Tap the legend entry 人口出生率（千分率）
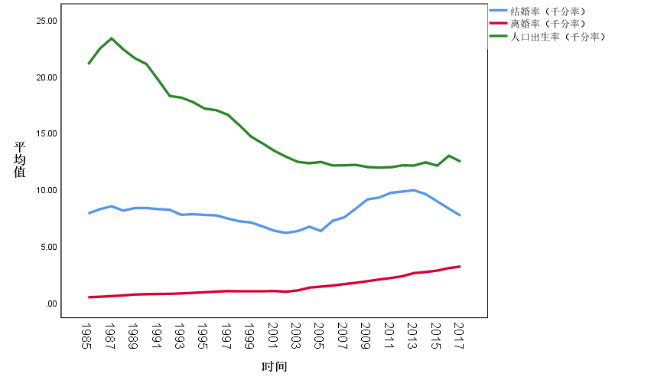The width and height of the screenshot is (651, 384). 558,36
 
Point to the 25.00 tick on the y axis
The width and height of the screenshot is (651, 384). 47,21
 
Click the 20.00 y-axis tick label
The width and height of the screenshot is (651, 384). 47,77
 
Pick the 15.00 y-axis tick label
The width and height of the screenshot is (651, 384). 47,133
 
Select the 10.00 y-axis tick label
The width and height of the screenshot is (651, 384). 47,190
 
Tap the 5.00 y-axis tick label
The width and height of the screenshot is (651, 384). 49,247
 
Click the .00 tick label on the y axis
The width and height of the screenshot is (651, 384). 52,304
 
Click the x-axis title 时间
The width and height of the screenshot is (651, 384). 274,366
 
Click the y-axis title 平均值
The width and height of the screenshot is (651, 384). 20,159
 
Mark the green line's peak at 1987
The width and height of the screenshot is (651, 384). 112,38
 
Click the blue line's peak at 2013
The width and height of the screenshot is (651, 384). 413,190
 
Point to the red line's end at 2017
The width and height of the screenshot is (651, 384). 459,267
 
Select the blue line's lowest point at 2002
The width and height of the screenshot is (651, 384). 285,232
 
